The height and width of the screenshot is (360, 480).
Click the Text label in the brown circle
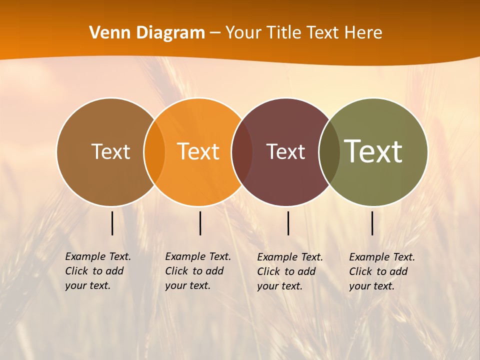pos(110,151)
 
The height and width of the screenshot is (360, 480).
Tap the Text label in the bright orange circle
pos(198,151)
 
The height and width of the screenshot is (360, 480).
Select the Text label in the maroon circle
pos(285,151)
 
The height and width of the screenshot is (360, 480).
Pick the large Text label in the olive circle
pos(373,151)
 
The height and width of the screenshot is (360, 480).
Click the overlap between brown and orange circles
pos(154,151)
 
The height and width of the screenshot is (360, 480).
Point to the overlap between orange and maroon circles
pos(242,151)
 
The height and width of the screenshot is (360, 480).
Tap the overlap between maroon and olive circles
pos(329,151)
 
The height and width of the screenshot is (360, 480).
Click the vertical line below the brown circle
pos(112,223)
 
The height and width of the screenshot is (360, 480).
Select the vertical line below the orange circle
pos(200,223)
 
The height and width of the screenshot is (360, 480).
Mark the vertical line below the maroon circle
pos(288,223)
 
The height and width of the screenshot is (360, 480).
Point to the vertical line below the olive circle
pos(372,223)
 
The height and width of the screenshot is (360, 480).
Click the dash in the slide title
pos(215,33)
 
